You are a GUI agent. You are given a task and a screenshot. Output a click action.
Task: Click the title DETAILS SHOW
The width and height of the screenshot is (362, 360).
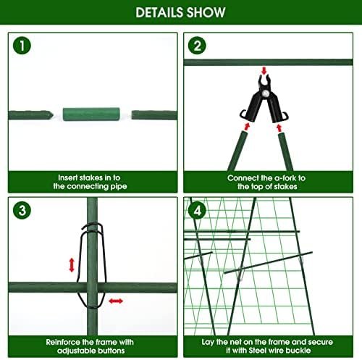point(180,12)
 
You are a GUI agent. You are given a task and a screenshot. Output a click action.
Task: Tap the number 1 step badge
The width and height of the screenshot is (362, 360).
point(22,46)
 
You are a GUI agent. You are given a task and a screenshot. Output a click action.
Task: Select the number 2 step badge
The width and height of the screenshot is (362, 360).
point(197,46)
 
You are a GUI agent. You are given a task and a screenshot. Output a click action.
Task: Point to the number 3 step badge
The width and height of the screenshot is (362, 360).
point(22,210)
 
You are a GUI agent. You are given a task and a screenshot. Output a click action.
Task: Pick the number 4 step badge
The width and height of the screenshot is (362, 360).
point(197,211)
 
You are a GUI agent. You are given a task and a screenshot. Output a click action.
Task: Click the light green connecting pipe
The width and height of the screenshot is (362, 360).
point(91,114)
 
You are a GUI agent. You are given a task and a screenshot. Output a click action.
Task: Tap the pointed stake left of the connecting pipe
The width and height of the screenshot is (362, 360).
point(30,115)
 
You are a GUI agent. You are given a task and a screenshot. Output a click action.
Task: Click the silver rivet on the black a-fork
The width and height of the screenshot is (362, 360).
point(266,93)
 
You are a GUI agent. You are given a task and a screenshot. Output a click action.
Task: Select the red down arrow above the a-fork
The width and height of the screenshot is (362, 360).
point(264,71)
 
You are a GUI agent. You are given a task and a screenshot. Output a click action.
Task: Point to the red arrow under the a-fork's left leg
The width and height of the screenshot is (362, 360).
point(247,127)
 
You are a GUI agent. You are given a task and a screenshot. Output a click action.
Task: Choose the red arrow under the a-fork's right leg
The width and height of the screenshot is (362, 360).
point(279,128)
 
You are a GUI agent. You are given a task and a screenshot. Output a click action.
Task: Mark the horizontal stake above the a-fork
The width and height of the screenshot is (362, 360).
point(268,62)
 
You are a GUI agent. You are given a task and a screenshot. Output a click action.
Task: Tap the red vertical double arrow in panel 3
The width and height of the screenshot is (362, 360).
point(72,265)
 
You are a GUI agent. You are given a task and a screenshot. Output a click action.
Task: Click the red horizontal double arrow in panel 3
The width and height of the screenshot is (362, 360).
point(116,301)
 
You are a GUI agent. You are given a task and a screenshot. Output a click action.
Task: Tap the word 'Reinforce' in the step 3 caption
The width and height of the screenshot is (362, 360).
point(63,342)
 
